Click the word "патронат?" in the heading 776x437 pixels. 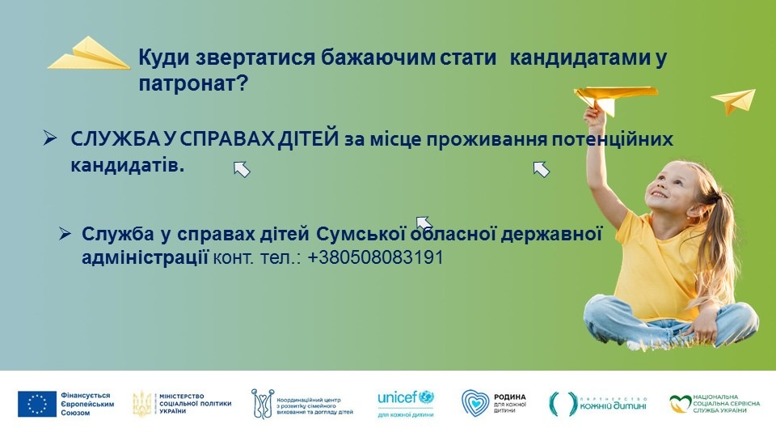192,84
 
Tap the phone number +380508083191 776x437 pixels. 375,257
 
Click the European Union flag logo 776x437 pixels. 37,404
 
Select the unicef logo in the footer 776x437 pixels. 406,398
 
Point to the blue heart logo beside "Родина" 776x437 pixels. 475,402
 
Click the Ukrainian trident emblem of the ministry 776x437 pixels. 142,403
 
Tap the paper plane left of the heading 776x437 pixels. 89,53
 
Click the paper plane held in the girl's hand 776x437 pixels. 615,98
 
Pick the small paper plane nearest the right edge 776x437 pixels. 734,101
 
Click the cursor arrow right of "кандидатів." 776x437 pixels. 242,169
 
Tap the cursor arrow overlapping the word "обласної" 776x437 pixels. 424,224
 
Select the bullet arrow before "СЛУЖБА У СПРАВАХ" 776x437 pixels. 50,138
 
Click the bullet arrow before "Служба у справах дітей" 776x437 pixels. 65,233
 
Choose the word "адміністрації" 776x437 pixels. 145,257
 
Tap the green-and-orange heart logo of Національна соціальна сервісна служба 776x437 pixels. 680,404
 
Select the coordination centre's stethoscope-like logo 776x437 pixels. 262,403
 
